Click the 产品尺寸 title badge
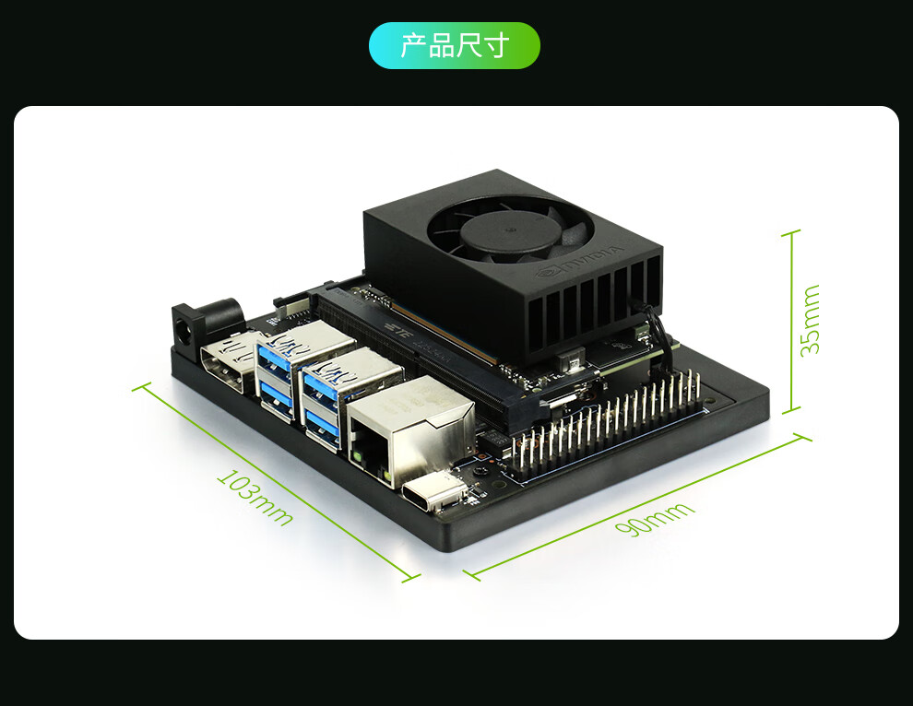point(454,45)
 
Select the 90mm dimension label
point(656,521)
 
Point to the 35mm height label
point(810,320)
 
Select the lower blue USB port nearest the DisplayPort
point(277,397)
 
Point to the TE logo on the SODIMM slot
point(399,328)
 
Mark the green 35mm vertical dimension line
point(790,321)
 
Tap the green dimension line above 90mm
point(636,506)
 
